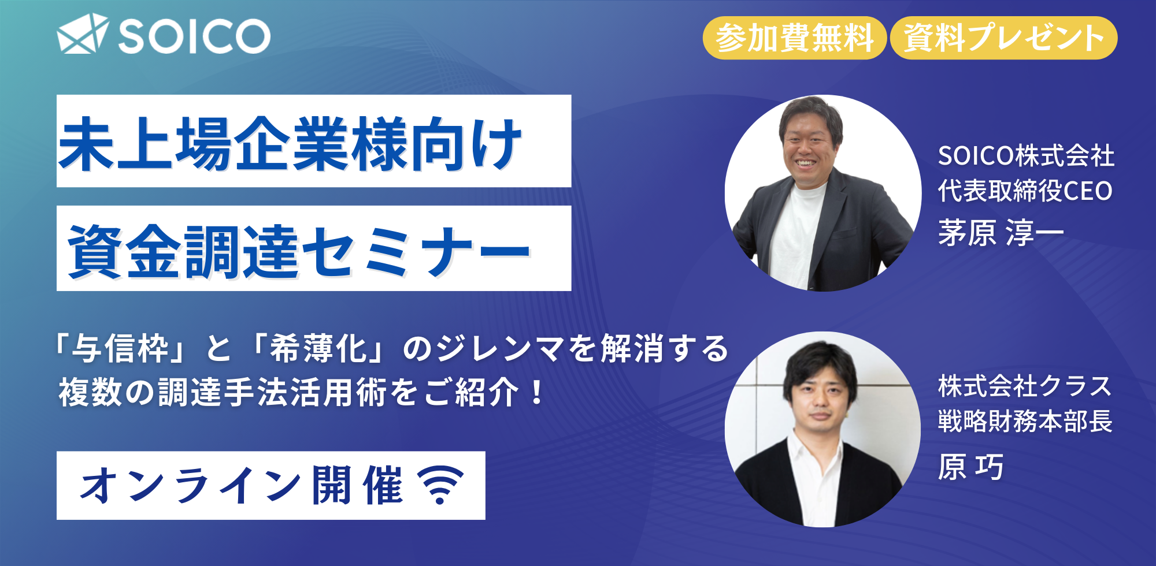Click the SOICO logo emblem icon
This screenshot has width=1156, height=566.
[83, 34]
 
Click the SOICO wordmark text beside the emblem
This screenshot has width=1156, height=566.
[195, 36]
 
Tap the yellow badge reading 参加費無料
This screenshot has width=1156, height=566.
[794, 38]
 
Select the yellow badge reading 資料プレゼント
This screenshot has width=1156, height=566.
[1003, 38]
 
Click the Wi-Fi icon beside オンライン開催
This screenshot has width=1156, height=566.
[440, 485]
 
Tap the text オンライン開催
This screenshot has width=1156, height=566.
[242, 485]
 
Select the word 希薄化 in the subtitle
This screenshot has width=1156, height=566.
[319, 349]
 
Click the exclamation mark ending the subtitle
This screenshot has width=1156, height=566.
[537, 393]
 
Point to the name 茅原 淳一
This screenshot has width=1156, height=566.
[1001, 233]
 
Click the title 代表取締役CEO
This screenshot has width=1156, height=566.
[1025, 191]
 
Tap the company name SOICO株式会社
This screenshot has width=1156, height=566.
[1026, 155]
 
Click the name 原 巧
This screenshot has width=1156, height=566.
[970, 467]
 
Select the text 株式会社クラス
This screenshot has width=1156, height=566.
[1025, 386]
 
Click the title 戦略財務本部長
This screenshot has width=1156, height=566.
[1025, 421]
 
